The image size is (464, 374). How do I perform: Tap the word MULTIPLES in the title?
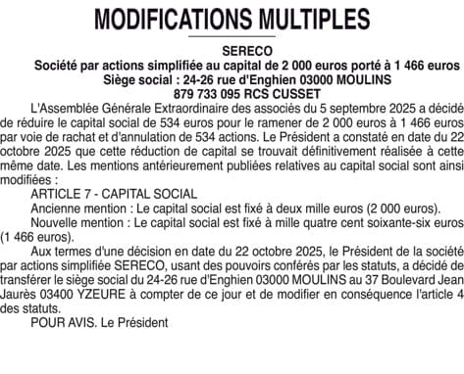tap(309, 19)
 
